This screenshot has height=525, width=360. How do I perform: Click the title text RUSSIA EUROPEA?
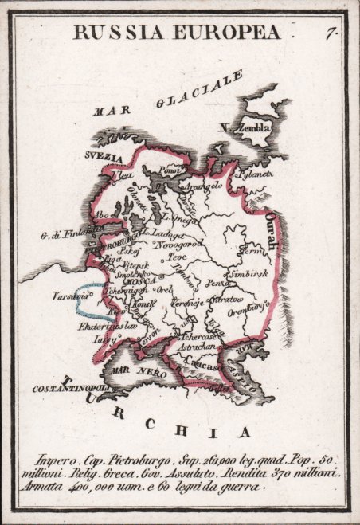(178, 33)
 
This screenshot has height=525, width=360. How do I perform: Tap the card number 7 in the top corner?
(329, 33)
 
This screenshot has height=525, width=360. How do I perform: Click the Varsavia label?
(66, 296)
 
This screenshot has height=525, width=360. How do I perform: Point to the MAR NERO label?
(131, 371)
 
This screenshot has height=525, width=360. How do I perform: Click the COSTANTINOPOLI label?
(68, 388)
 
